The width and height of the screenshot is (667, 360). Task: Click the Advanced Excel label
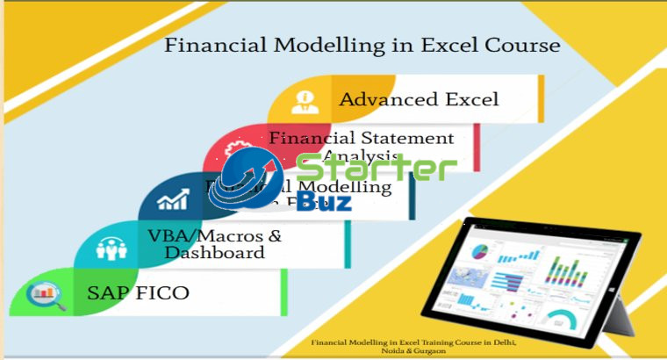point(419,98)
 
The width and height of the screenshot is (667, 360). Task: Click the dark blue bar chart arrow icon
point(174,200)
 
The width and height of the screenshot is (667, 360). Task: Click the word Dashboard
point(215,253)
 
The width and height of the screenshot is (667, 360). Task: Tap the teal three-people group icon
point(109,248)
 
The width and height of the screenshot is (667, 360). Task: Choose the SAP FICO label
point(138,292)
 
